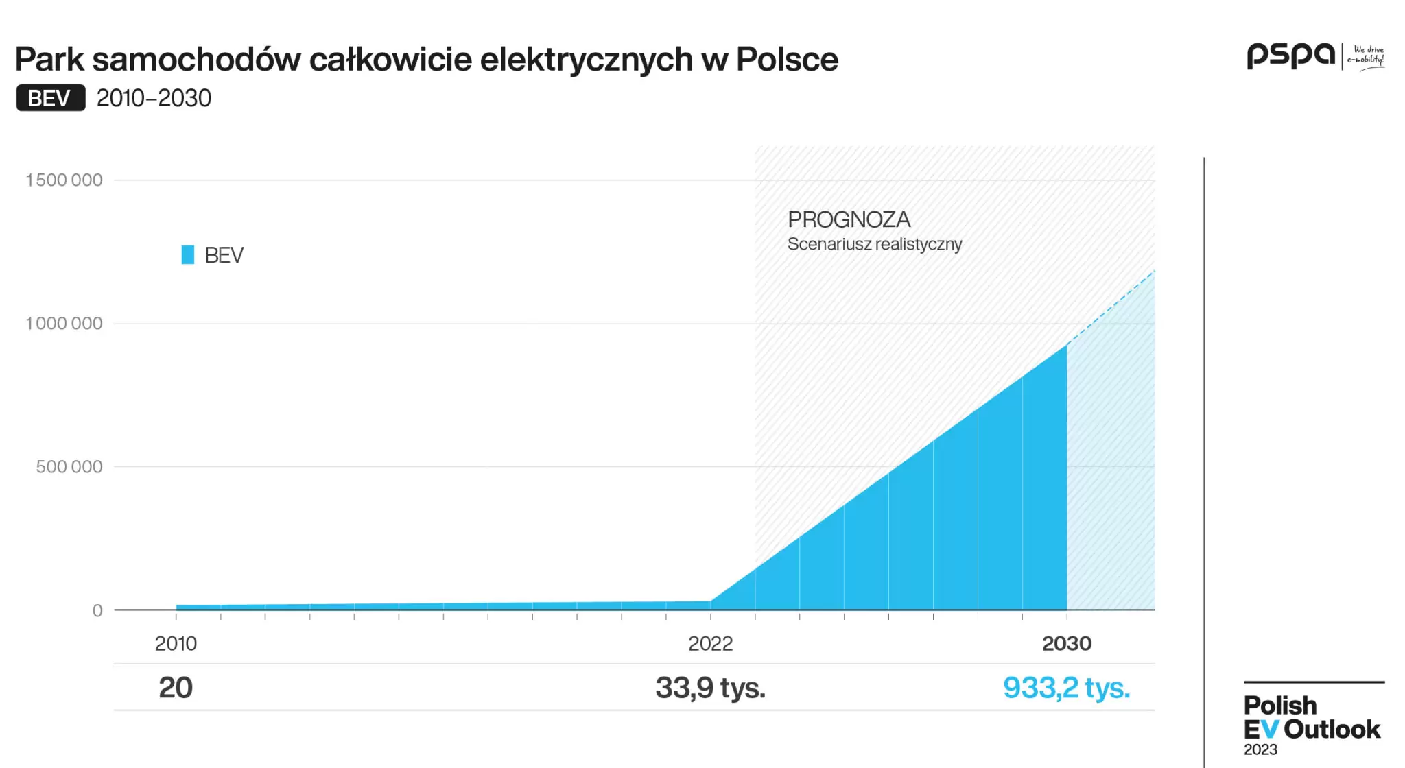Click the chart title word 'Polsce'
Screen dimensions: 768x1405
click(x=787, y=60)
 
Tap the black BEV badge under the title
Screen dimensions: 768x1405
click(x=51, y=98)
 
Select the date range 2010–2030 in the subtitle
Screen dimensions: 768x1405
click(x=154, y=98)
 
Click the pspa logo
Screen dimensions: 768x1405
click(x=1290, y=55)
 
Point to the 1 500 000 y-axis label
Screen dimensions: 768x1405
click(x=64, y=180)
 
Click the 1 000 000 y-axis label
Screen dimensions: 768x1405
click(x=64, y=324)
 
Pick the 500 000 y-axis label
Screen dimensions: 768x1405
click(x=69, y=467)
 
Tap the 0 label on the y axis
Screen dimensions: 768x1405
click(x=97, y=610)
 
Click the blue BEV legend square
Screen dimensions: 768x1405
click(x=187, y=255)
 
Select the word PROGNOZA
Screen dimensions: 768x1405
click(x=849, y=219)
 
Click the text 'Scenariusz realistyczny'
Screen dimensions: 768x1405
click(x=875, y=244)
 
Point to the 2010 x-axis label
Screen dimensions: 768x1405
click(x=176, y=643)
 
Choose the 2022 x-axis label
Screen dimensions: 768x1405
click(x=710, y=643)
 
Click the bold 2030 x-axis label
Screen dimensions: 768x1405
click(x=1066, y=643)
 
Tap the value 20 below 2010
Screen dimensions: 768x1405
click(x=176, y=688)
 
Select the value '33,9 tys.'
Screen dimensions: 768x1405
click(x=710, y=688)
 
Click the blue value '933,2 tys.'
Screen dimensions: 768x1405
click(x=1066, y=688)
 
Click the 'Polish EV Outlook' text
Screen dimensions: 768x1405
click(x=1311, y=717)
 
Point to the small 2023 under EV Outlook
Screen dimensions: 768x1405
click(x=1260, y=749)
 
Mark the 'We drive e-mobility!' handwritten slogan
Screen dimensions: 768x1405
click(x=1366, y=56)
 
